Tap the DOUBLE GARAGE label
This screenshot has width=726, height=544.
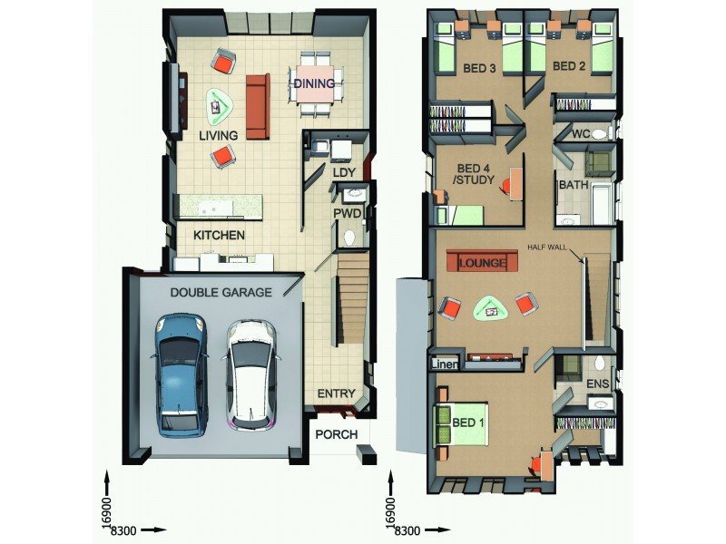point(221,293)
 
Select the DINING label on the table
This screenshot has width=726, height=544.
point(314,84)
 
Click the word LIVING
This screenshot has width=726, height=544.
point(218,136)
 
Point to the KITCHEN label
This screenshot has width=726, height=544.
point(218,235)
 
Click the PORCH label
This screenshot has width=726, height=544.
point(336,435)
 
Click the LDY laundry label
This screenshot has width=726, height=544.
point(344,172)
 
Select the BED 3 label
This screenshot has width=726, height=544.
point(478,67)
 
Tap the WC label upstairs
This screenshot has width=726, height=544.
point(581,135)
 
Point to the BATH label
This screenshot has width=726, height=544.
point(574,185)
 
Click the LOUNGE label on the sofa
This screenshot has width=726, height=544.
point(482,263)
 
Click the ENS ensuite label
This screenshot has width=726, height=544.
point(596,385)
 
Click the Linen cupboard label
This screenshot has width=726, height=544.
point(445,364)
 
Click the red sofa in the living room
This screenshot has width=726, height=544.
point(257,106)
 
